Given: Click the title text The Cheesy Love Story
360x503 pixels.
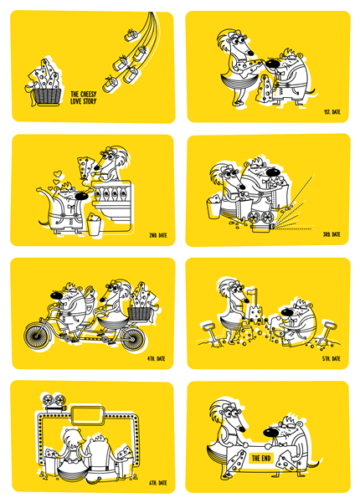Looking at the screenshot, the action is point(84,98).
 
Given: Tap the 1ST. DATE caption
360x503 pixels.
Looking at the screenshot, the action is point(332,112).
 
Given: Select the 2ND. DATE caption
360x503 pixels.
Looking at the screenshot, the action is point(158,235).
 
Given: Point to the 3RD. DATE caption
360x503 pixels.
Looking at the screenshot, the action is point(332,234).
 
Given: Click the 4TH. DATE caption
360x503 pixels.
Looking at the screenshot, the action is point(157,358).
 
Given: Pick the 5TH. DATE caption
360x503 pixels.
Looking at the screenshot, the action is point(332,358).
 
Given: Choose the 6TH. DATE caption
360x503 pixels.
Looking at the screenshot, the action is point(158,482).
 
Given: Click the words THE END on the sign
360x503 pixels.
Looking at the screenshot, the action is point(261,458).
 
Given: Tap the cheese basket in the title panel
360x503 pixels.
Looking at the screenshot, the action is point(47,96).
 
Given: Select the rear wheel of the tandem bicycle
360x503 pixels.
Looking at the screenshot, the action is point(132,338).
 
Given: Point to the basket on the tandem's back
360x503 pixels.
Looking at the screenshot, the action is point(140,313).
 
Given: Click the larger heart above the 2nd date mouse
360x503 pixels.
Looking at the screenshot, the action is point(58,174).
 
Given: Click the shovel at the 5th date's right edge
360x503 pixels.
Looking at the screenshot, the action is point(327,334).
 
